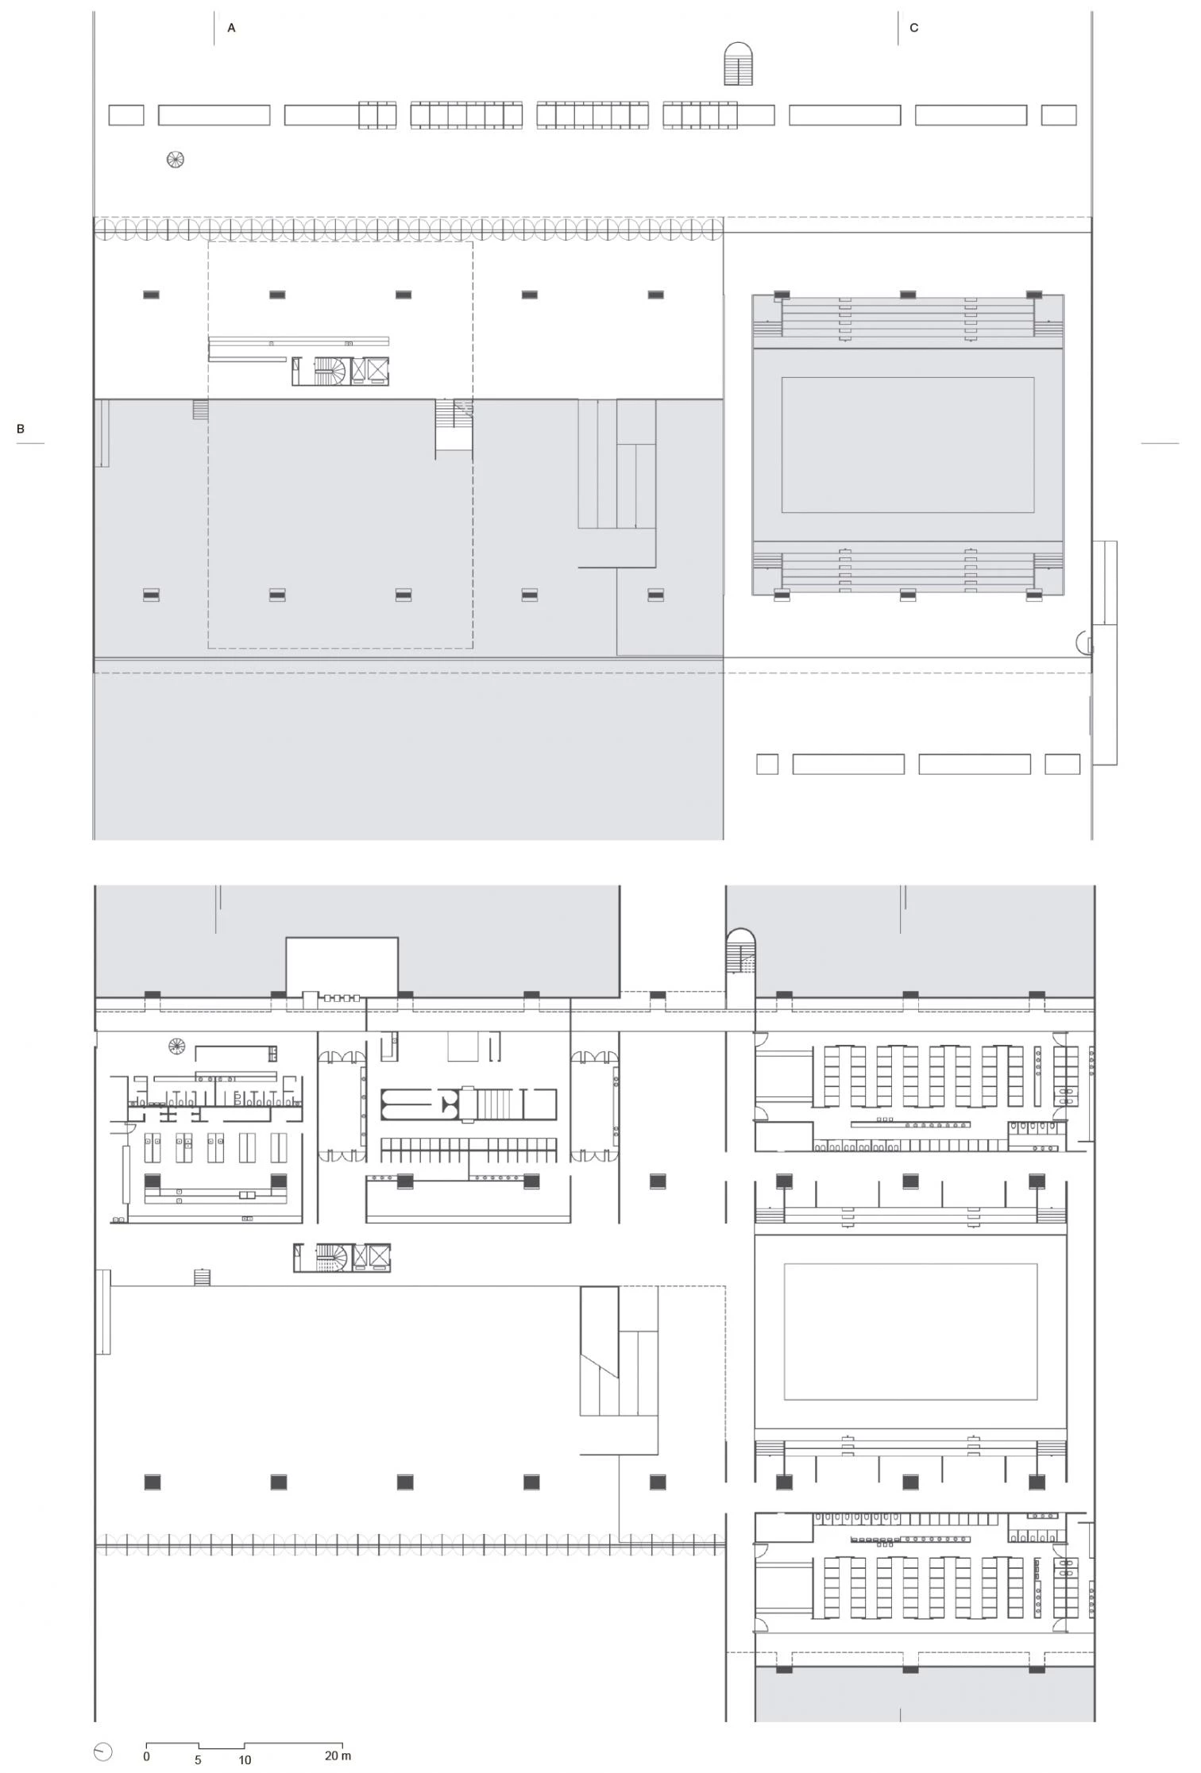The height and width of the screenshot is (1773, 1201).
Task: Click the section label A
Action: click(x=231, y=28)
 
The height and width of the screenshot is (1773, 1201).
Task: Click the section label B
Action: click(x=21, y=429)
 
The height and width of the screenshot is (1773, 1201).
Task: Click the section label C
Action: click(x=913, y=28)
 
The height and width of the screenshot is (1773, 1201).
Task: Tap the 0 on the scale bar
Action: click(x=146, y=1756)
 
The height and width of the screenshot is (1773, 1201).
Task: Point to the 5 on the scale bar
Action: click(x=198, y=1760)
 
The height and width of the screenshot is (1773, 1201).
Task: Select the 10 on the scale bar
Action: click(x=245, y=1760)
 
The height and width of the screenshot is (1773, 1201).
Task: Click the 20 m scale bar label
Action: click(x=338, y=1756)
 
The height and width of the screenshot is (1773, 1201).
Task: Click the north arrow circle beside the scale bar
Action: click(x=103, y=1752)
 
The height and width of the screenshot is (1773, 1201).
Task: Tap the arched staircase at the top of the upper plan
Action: click(x=739, y=64)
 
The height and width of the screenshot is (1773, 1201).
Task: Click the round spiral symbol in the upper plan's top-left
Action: click(x=176, y=160)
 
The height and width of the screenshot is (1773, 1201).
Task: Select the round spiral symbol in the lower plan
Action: click(x=176, y=1046)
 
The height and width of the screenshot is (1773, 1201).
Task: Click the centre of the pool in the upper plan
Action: click(x=907, y=445)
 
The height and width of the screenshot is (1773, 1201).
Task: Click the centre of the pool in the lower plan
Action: click(x=910, y=1332)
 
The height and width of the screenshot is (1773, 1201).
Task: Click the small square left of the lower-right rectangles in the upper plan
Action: click(x=767, y=765)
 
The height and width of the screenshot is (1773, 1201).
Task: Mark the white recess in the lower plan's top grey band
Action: click(x=342, y=964)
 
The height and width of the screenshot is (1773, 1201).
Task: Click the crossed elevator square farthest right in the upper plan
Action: click(x=378, y=371)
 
